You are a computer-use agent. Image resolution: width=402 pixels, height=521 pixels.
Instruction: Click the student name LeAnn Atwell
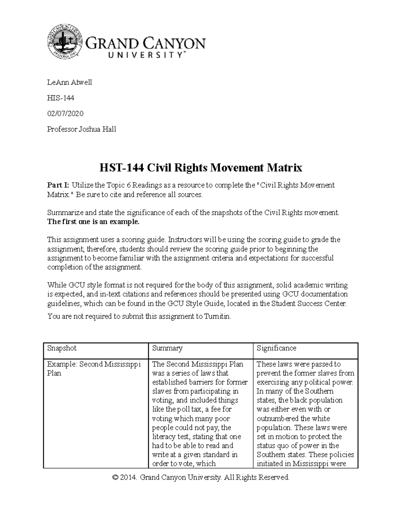click(x=69, y=83)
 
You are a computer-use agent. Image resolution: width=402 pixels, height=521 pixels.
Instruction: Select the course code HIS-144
click(x=61, y=98)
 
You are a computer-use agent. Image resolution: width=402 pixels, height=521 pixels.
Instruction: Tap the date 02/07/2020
click(x=65, y=113)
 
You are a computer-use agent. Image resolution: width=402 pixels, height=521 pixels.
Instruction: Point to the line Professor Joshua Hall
click(x=81, y=129)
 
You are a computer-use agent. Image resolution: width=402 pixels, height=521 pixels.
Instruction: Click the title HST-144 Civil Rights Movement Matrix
click(x=201, y=167)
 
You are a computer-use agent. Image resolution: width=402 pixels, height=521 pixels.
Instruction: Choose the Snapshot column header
click(x=62, y=348)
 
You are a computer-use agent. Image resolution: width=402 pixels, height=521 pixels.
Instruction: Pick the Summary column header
click(x=167, y=348)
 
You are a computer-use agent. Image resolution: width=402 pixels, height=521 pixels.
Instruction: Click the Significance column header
click(x=276, y=348)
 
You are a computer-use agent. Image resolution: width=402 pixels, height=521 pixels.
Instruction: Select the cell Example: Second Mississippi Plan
click(x=94, y=369)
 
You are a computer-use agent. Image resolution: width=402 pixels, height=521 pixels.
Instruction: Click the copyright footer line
click(x=201, y=477)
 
